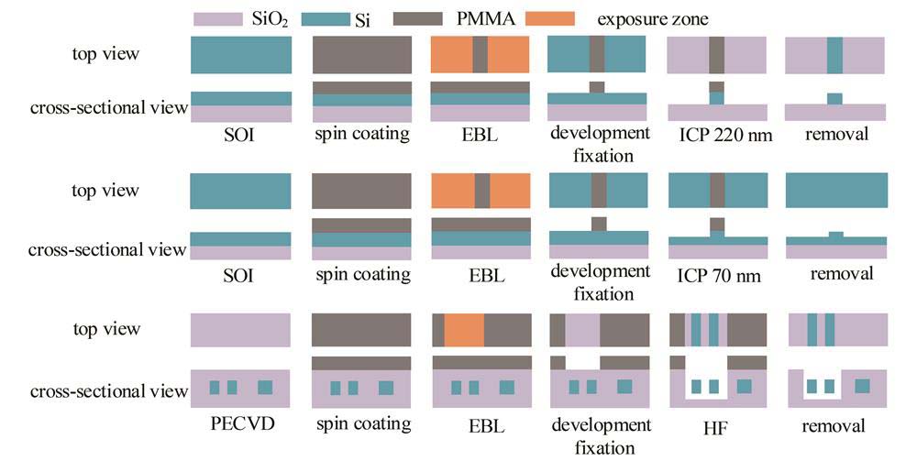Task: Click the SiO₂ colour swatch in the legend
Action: click(x=218, y=18)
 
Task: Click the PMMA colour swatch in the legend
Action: click(x=419, y=18)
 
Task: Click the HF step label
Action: click(x=718, y=425)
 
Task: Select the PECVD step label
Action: click(x=241, y=425)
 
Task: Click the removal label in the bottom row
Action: click(x=835, y=425)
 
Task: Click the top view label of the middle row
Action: click(x=105, y=192)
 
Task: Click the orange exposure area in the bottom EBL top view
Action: click(x=464, y=330)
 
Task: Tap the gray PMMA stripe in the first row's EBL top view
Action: click(x=480, y=55)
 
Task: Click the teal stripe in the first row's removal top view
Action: click(x=834, y=55)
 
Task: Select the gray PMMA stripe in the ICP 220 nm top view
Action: click(x=717, y=55)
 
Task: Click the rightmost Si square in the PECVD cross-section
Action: click(x=265, y=387)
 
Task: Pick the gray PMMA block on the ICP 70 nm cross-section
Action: click(x=717, y=225)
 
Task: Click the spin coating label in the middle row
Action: click(x=361, y=274)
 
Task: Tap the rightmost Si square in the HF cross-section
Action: click(x=744, y=387)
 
